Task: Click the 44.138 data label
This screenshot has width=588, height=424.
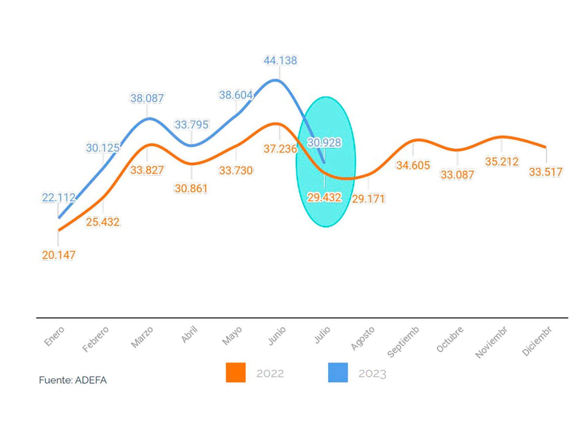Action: click(280, 61)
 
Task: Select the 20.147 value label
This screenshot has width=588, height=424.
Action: click(58, 255)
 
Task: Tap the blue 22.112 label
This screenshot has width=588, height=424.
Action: click(58, 198)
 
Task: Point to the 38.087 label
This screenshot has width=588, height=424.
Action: click(147, 98)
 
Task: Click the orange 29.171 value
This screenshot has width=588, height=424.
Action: click(368, 199)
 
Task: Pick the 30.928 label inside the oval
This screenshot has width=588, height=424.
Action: click(324, 143)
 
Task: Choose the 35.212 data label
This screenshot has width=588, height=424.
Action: click(502, 162)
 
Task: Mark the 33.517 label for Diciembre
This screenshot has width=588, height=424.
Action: click(545, 172)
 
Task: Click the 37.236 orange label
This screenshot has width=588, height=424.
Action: click(280, 149)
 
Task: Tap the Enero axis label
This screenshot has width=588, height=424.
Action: click(54, 336)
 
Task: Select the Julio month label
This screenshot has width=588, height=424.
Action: click(322, 335)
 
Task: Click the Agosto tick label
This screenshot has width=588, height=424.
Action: click(363, 338)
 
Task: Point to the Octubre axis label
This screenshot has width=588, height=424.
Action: click(450, 339)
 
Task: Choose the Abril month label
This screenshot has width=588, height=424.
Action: click(189, 335)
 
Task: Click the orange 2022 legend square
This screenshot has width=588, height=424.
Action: click(236, 373)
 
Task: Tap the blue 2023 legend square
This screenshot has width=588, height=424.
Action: click(338, 373)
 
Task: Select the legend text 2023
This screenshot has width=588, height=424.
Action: click(372, 374)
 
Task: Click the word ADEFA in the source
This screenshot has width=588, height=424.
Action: click(91, 380)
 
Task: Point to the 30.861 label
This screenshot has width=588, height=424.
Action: click(191, 189)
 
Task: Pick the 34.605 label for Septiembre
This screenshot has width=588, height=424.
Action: click(413, 166)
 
